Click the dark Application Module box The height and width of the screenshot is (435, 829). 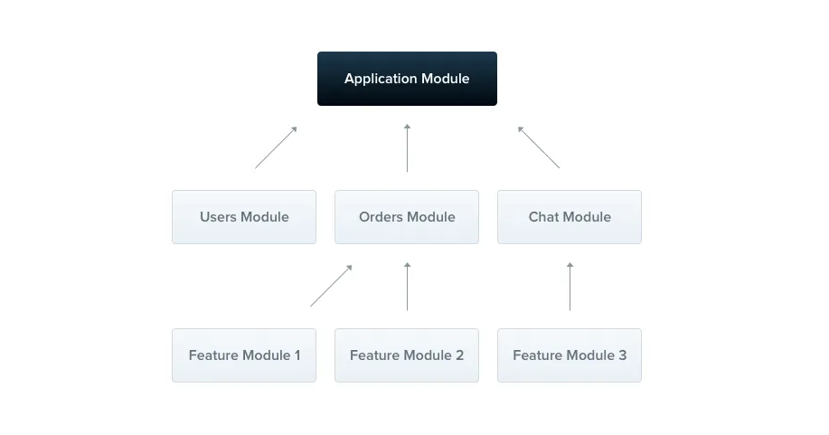click(x=407, y=79)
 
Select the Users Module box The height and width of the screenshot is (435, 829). click(x=244, y=217)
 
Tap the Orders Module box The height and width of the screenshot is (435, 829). click(x=407, y=217)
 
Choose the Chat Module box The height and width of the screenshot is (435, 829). click(x=570, y=217)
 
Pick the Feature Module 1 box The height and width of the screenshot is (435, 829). click(x=244, y=355)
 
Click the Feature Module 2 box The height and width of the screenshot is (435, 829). click(x=407, y=355)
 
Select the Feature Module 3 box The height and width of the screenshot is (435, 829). click(x=570, y=355)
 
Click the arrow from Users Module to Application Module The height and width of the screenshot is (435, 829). click(x=276, y=147)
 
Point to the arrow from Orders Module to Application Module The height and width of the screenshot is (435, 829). click(x=407, y=148)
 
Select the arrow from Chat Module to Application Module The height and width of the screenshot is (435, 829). click(x=539, y=147)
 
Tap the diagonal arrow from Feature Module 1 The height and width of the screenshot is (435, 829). click(x=331, y=286)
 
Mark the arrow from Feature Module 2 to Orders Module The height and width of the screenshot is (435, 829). click(x=407, y=287)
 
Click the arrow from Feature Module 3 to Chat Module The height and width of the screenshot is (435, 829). click(x=570, y=287)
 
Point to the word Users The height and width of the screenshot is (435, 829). click(x=219, y=217)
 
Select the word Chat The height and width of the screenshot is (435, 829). click(x=545, y=217)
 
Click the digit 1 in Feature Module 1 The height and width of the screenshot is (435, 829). click(x=297, y=355)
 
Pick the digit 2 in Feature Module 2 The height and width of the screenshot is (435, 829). click(x=459, y=355)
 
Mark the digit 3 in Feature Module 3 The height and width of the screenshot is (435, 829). click(x=622, y=355)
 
